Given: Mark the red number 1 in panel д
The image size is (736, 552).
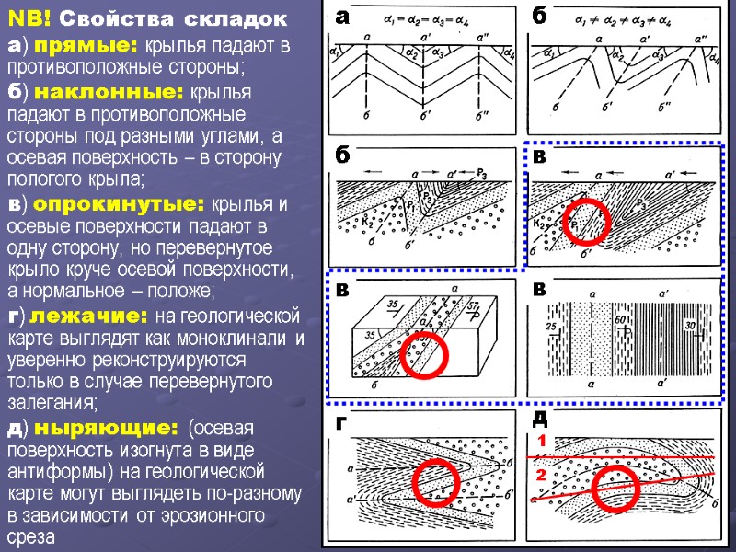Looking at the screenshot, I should [x=542, y=443].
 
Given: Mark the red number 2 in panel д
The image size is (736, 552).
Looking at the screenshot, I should [x=542, y=476].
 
